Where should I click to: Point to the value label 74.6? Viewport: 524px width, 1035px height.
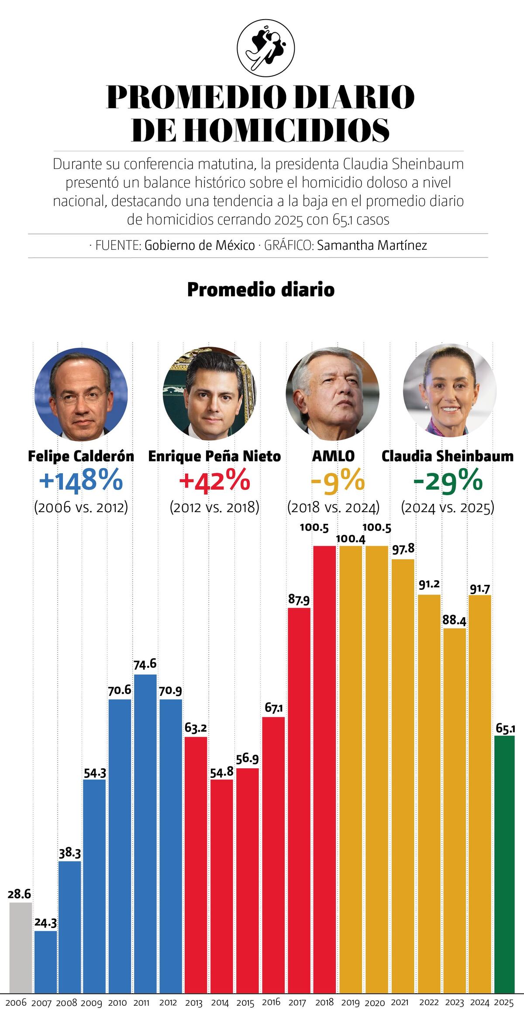click(x=145, y=664)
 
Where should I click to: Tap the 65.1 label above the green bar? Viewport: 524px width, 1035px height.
click(x=505, y=729)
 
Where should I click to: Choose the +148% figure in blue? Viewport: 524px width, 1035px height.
click(x=81, y=481)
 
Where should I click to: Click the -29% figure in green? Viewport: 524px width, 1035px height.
click(x=448, y=481)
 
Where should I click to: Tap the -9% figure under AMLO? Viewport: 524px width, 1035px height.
click(x=337, y=481)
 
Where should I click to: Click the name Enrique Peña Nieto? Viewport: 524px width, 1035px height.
click(x=214, y=456)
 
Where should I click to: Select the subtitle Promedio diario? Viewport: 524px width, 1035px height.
click(x=261, y=289)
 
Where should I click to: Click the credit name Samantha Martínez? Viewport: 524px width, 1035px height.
click(x=372, y=245)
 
